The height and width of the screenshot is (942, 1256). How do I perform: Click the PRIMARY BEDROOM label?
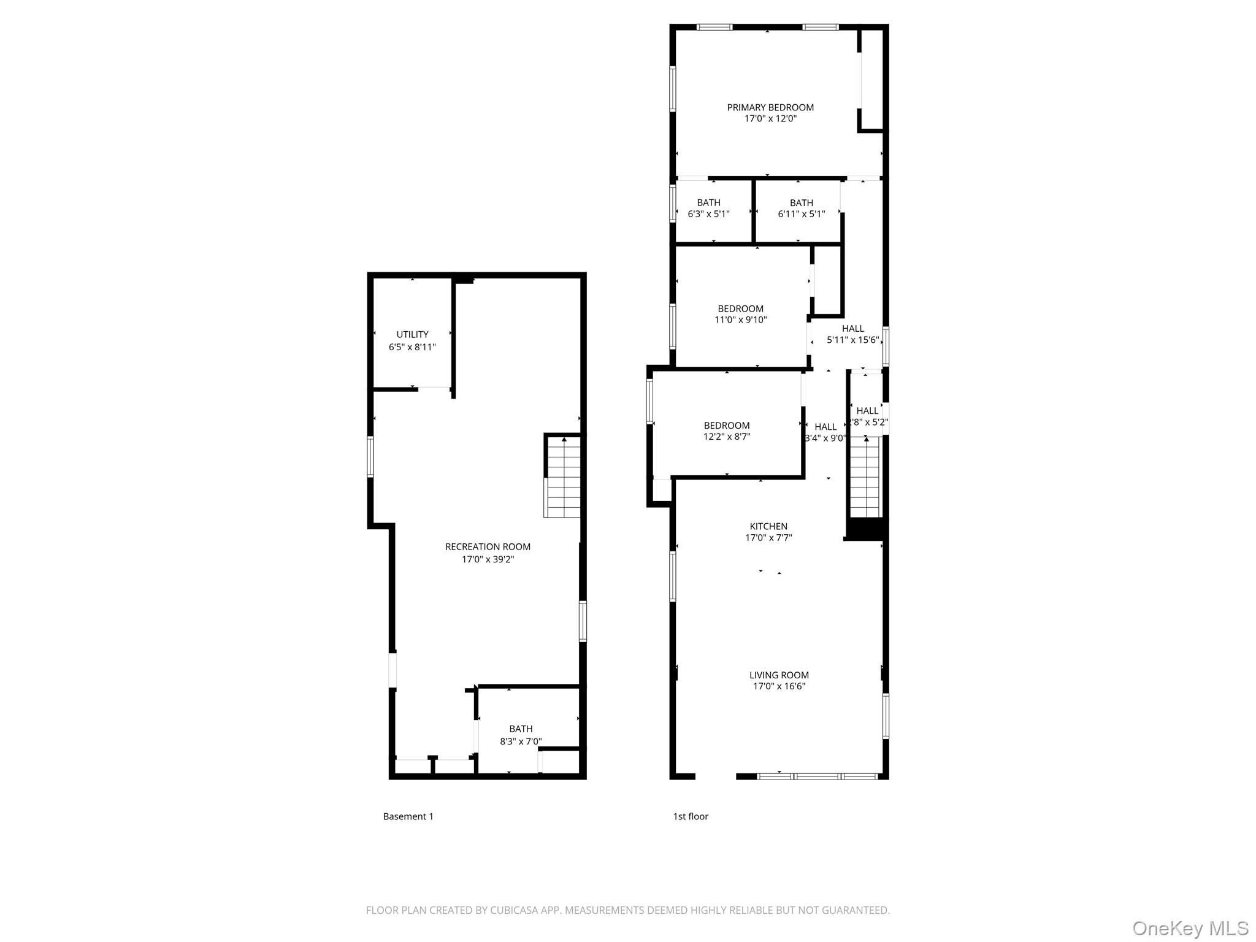click(770, 107)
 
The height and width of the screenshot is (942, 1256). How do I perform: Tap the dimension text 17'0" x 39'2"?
click(488, 559)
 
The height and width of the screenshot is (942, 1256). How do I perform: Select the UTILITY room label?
click(412, 334)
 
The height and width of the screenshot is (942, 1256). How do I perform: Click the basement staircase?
click(563, 477)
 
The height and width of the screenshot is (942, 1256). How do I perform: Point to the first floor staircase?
click(865, 477)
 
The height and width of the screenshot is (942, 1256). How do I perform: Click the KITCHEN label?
click(768, 526)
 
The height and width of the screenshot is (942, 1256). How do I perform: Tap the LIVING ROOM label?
click(779, 675)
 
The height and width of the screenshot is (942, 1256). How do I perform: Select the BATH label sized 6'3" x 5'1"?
click(708, 202)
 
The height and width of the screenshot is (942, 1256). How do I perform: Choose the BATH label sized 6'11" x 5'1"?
click(801, 202)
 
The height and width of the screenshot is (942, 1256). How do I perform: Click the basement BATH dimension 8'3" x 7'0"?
click(521, 741)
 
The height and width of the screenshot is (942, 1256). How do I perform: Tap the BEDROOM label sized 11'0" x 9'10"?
click(740, 308)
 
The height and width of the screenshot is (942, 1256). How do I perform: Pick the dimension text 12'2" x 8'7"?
click(727, 437)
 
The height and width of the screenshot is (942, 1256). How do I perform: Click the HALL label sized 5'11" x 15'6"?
click(852, 328)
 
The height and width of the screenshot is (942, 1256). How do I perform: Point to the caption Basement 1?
click(408, 816)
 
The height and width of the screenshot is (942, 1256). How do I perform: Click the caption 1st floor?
click(691, 816)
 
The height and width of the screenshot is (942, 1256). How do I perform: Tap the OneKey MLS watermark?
click(1190, 928)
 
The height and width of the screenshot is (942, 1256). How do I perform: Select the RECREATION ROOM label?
click(488, 546)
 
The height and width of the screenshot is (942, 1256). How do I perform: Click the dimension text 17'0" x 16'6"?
click(779, 686)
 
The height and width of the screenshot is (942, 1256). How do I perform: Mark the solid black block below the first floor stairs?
click(865, 529)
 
